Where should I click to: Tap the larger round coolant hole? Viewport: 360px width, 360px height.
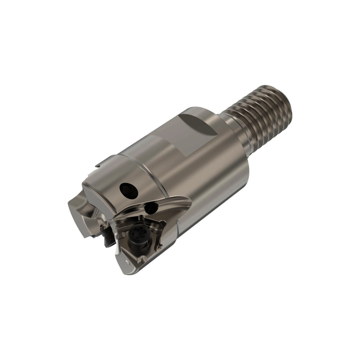[129, 189]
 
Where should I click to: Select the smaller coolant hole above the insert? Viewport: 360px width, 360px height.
[149, 209]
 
